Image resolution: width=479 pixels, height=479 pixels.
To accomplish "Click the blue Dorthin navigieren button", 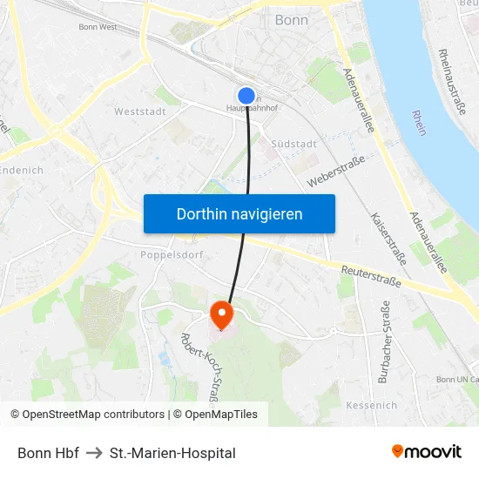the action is (239, 213).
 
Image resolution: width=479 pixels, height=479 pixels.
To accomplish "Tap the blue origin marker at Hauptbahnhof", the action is (246, 97).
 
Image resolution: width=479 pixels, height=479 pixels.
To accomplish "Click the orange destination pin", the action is (222, 314).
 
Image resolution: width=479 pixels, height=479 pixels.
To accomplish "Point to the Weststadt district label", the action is (139, 111).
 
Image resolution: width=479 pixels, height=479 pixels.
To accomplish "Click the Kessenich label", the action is (371, 405).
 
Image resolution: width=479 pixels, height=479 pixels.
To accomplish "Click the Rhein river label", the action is (420, 122).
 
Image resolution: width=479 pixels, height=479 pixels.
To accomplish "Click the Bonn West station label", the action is (98, 27).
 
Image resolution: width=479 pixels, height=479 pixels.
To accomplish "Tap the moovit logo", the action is (427, 452).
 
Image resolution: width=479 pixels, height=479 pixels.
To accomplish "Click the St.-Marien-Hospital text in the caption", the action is (172, 453).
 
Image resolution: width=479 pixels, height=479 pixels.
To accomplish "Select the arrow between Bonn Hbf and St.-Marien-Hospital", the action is (94, 453).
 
